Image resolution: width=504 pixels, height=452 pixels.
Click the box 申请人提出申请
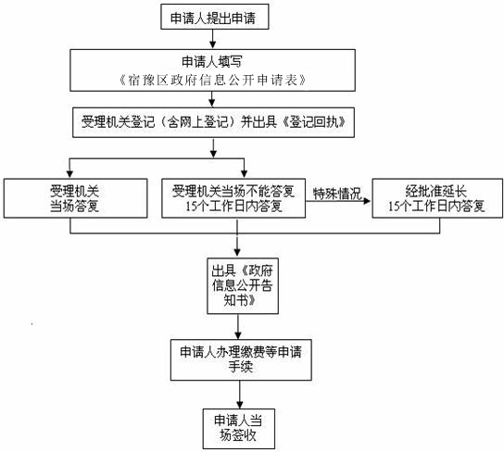[215, 17]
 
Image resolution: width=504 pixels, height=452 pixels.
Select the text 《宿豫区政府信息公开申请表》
[212, 80]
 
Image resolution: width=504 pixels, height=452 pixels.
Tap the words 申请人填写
[212, 61]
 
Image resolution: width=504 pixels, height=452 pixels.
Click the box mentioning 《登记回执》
[213, 122]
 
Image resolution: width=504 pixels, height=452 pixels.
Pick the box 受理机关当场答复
[76, 198]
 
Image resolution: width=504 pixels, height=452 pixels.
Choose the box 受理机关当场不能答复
[233, 198]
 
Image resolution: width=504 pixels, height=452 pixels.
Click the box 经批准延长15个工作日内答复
[437, 198]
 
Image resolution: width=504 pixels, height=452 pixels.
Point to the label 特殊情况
[337, 194]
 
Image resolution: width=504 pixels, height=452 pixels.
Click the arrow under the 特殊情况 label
[338, 201]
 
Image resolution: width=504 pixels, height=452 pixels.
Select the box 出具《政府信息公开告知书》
[243, 286]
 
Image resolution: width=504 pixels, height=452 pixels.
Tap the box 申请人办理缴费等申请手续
[241, 359]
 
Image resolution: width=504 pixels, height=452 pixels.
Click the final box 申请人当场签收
[239, 429]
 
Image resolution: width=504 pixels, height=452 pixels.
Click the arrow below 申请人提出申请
[212, 39]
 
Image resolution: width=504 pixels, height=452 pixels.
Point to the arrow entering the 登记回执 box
[211, 99]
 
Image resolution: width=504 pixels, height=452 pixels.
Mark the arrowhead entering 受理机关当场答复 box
[70, 174]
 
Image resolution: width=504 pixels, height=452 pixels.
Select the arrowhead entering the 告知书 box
[237, 253]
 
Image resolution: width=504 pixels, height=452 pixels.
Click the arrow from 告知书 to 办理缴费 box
[238, 327]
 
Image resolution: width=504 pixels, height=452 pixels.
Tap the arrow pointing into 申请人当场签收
[240, 395]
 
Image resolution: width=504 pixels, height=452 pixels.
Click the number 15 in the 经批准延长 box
[394, 207]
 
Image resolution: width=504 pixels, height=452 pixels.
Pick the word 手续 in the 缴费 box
[241, 367]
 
